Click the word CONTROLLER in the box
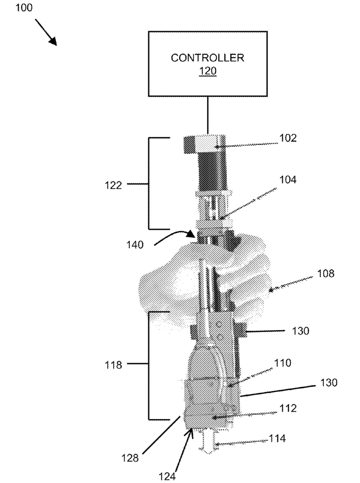[208, 57]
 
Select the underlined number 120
[208, 71]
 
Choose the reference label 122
[112, 184]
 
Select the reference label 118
[112, 365]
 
